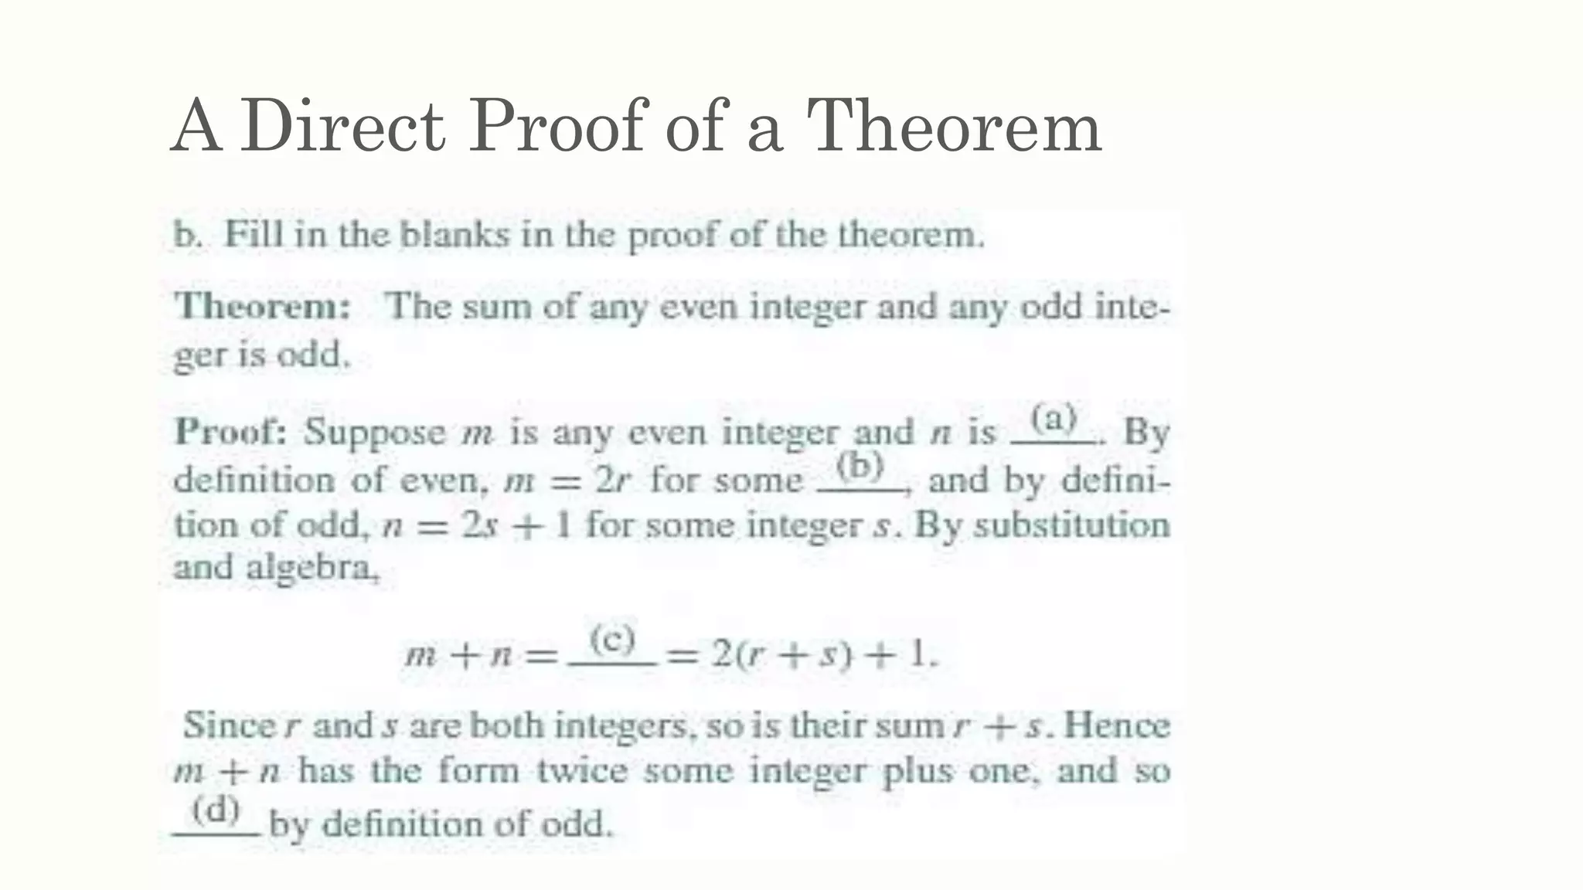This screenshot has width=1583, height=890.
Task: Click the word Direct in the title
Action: tap(342, 126)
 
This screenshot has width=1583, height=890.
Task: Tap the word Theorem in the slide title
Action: tap(953, 126)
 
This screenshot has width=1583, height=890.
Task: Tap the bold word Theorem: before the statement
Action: tap(263, 307)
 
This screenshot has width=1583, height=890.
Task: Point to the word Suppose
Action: tap(375, 433)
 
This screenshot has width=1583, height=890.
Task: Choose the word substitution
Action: tap(1071, 525)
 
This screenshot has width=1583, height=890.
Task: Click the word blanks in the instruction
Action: tap(454, 234)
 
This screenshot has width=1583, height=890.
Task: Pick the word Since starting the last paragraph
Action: tap(228, 725)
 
